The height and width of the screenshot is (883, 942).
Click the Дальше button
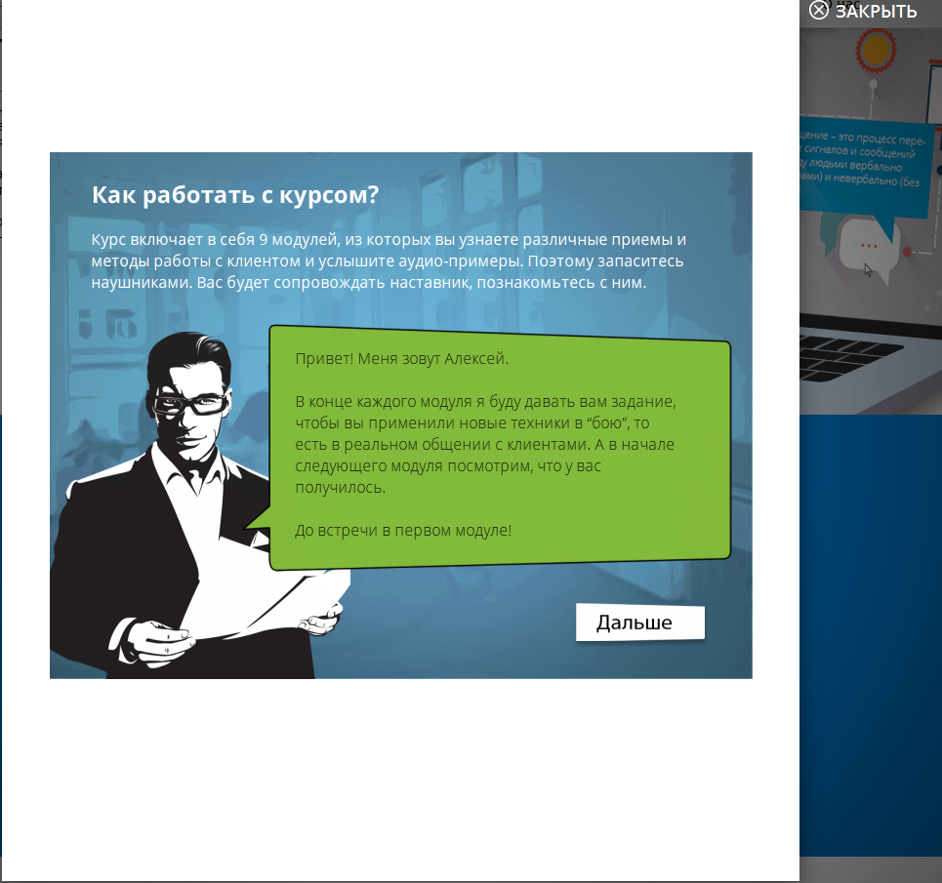(639, 622)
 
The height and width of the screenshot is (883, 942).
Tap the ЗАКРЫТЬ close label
(875, 12)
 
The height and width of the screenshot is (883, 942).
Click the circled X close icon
(818, 11)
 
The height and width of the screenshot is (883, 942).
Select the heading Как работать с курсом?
(234, 194)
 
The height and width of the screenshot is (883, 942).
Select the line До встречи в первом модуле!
(403, 531)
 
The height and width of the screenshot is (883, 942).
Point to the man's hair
(190, 356)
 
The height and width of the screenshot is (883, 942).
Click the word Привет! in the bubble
(324, 359)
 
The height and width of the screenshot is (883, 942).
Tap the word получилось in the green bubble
(341, 488)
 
